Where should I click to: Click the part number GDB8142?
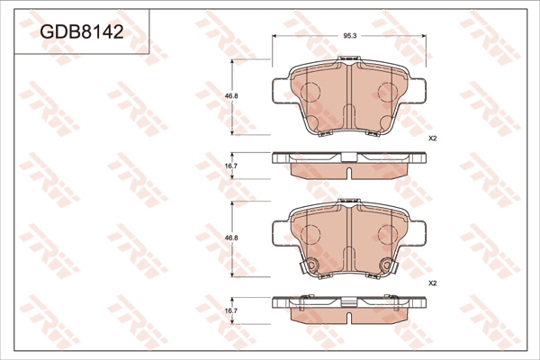tap(82, 32)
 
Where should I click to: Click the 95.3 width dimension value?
tap(349, 36)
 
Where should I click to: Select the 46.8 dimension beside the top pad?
tap(231, 96)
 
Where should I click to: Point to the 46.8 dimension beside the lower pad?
tap(231, 238)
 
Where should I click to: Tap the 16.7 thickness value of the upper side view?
tap(231, 166)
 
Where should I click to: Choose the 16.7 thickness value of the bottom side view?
tap(231, 310)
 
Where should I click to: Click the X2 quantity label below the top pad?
tap(432, 139)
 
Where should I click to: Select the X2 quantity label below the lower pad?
tap(432, 283)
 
